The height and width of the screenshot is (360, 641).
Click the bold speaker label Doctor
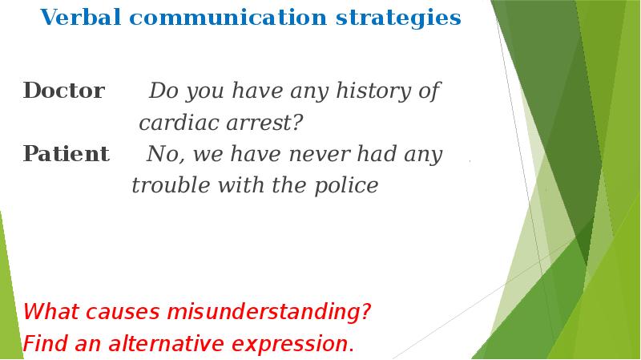[63, 91]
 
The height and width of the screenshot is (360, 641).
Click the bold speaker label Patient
[67, 154]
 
